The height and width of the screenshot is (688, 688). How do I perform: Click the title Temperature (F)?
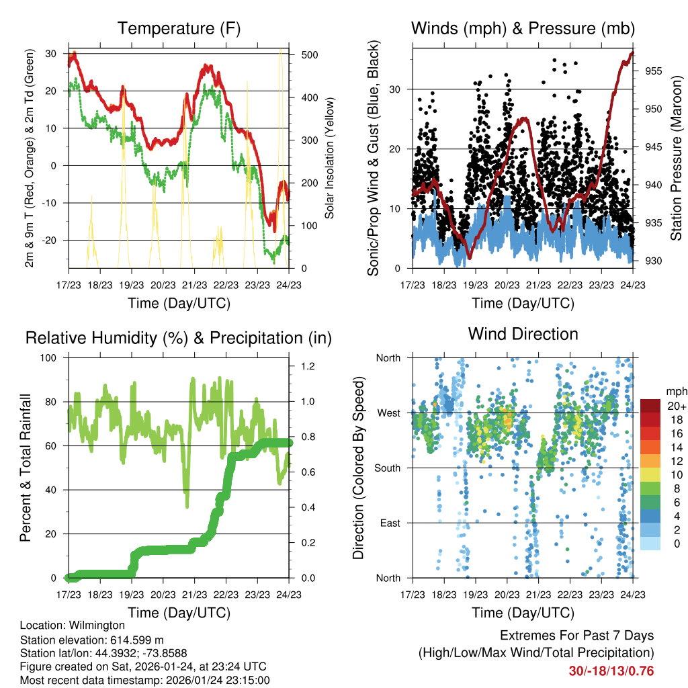[179, 29]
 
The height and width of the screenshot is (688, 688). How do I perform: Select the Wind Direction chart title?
[523, 334]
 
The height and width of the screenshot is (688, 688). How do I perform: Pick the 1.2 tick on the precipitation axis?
[306, 366]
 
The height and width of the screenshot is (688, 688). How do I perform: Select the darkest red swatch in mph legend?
[650, 406]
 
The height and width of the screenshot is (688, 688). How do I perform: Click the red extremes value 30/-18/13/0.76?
[611, 671]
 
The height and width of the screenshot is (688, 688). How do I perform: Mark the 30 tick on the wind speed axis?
[396, 89]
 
